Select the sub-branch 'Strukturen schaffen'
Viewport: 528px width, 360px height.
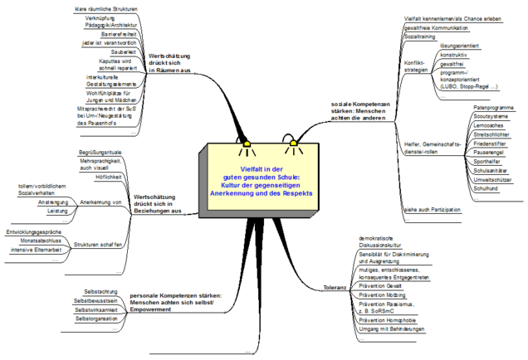(98, 244)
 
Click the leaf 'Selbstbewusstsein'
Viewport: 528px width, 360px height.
(96, 299)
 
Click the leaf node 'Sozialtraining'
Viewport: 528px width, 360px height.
(422, 37)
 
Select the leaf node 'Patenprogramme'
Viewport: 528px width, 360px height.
(492, 108)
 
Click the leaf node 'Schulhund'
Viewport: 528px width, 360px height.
(486, 187)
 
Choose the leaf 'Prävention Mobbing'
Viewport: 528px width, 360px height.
(383, 294)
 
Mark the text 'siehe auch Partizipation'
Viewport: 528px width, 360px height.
(432, 211)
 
